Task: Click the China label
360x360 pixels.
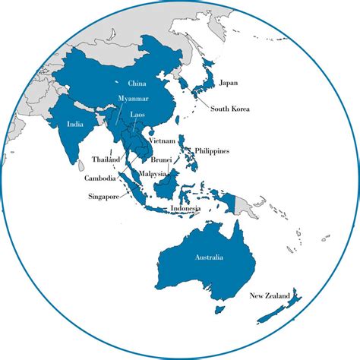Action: point(137,83)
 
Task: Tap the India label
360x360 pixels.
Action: point(75,124)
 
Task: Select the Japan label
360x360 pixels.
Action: point(229,83)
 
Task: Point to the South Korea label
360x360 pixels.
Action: point(232,109)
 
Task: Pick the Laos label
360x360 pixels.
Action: point(138,114)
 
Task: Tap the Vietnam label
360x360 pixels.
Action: point(163,141)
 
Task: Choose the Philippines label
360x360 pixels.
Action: point(212,151)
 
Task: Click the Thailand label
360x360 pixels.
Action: point(106,159)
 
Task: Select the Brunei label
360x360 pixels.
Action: point(161,160)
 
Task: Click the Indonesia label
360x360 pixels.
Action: point(185,208)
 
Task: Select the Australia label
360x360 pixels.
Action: point(208,259)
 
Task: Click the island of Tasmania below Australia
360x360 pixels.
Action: point(220,310)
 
